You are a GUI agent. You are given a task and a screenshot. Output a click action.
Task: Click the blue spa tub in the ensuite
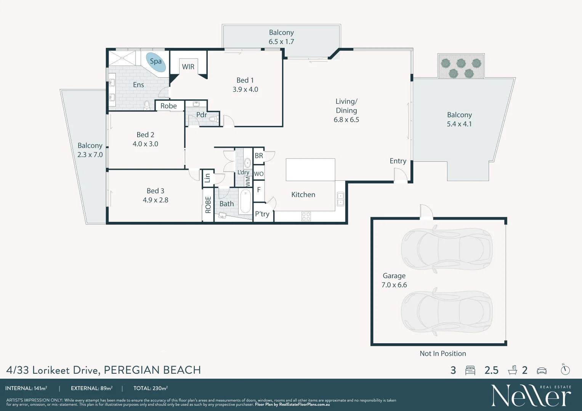point(156,62)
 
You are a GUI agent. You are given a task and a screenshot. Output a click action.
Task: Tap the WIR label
point(188,67)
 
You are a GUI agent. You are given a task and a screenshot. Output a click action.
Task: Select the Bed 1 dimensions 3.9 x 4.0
point(245,89)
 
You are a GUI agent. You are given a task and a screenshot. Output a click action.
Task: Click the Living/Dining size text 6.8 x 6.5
point(346,119)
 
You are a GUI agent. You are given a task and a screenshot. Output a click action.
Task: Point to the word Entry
point(398,161)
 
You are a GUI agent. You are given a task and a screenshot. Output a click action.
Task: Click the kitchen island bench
point(310,170)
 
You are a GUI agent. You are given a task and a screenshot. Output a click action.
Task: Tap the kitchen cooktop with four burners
point(306,217)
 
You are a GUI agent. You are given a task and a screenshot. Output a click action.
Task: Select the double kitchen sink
point(340,199)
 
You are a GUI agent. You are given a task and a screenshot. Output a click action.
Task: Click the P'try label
point(262,214)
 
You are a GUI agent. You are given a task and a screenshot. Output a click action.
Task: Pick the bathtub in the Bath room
point(245,201)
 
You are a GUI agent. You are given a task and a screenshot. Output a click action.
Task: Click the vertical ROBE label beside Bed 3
point(208,205)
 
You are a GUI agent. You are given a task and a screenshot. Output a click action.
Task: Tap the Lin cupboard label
point(207,178)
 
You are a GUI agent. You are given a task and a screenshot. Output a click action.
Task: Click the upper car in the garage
point(446,249)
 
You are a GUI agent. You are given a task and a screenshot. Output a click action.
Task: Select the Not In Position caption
point(443,354)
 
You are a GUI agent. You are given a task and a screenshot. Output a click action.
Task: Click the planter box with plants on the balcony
point(461,67)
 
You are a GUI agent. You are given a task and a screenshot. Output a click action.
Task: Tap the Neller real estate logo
point(531,396)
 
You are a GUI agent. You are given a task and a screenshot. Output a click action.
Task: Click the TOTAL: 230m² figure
point(151,389)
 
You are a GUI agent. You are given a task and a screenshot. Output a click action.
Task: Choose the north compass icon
point(565,370)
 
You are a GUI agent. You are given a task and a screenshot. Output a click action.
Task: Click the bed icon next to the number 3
point(470,370)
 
